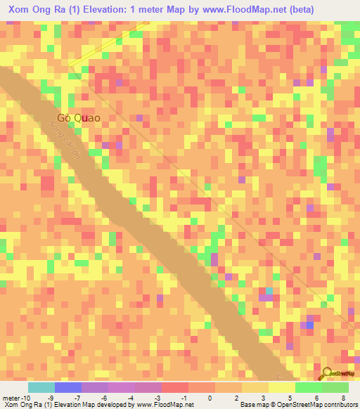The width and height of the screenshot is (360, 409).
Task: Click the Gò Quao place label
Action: (83, 119)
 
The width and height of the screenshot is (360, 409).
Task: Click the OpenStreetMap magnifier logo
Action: (327, 372)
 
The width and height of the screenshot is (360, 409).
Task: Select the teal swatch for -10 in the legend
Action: (41, 387)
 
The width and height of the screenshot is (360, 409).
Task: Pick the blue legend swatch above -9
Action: (67, 387)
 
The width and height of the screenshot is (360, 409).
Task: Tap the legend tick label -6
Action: (103, 397)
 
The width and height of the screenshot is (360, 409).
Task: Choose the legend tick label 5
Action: (290, 397)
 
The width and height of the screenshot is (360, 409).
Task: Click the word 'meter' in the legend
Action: (11, 397)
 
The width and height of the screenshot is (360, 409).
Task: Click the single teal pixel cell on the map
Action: (269, 291)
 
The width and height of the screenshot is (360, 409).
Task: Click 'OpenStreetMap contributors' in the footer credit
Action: (317, 405)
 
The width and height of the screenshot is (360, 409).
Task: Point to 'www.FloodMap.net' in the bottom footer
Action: (159, 405)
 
